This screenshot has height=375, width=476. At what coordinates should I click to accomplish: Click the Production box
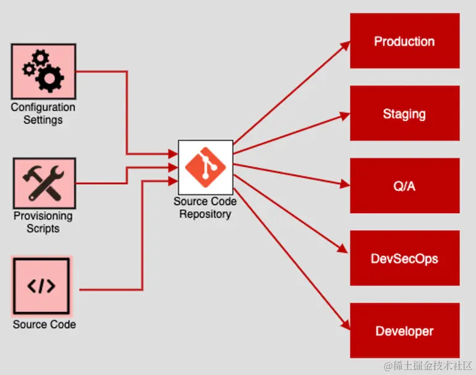coord(404,41)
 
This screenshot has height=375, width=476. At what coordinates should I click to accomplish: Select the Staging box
coord(404,113)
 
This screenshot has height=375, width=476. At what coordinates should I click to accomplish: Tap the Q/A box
coord(404,185)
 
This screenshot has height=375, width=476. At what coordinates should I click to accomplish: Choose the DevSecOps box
coord(404,258)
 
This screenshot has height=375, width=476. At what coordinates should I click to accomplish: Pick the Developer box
coord(404,331)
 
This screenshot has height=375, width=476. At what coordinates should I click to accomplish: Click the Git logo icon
coord(206,167)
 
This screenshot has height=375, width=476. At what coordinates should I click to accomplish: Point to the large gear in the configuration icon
coord(49,78)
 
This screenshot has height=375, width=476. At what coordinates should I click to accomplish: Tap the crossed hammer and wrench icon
coord(43,183)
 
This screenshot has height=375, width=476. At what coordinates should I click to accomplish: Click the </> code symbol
coord(41,286)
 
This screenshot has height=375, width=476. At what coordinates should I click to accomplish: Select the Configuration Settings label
coord(43,113)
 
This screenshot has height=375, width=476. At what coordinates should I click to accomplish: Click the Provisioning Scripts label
coord(43,222)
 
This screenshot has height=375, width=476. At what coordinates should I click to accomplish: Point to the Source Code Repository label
coord(205,208)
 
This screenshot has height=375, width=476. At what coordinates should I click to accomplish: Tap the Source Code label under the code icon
coord(44,324)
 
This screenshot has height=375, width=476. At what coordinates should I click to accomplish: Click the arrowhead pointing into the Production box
coord(345,46)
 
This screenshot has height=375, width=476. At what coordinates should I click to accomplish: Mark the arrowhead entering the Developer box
coord(346,324)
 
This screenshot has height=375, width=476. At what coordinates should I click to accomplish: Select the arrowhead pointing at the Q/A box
coord(344,184)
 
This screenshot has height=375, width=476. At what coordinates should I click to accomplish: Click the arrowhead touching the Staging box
coord(344,116)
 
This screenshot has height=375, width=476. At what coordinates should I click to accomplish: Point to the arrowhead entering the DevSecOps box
coord(343,248)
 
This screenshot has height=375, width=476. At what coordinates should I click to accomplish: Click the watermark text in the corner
coord(428,366)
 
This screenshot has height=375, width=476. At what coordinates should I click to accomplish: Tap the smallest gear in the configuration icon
coord(29,70)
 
